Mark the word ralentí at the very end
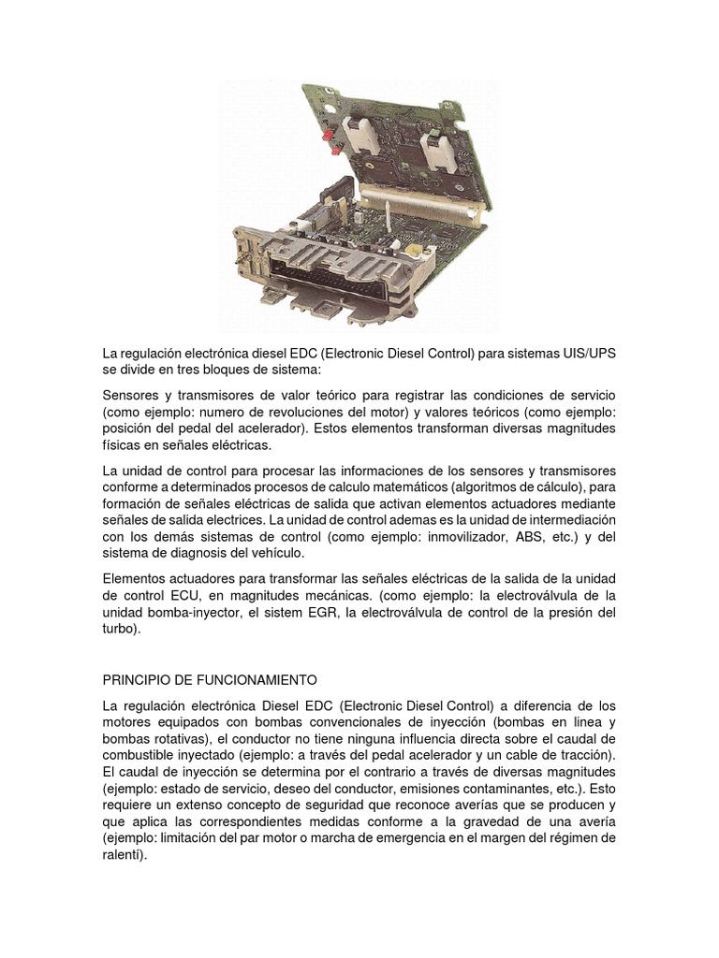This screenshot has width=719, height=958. tap(124, 855)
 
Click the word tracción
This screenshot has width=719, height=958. tap(582, 754)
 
